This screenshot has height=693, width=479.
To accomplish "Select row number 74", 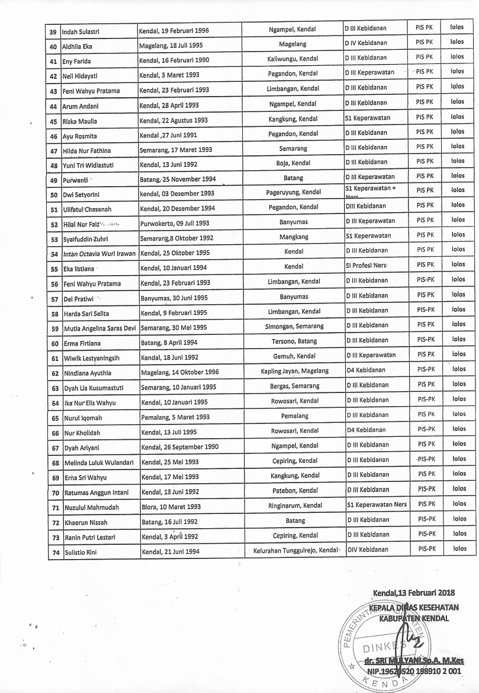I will pos(54,553).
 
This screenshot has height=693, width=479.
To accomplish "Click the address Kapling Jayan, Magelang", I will pos(294,371).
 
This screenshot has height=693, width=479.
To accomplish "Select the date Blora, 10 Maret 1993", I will pos(171,507).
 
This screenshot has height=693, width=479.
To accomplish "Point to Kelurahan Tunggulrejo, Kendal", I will pos(294,551).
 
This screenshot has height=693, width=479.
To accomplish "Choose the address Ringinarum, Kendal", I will pos(294,506).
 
